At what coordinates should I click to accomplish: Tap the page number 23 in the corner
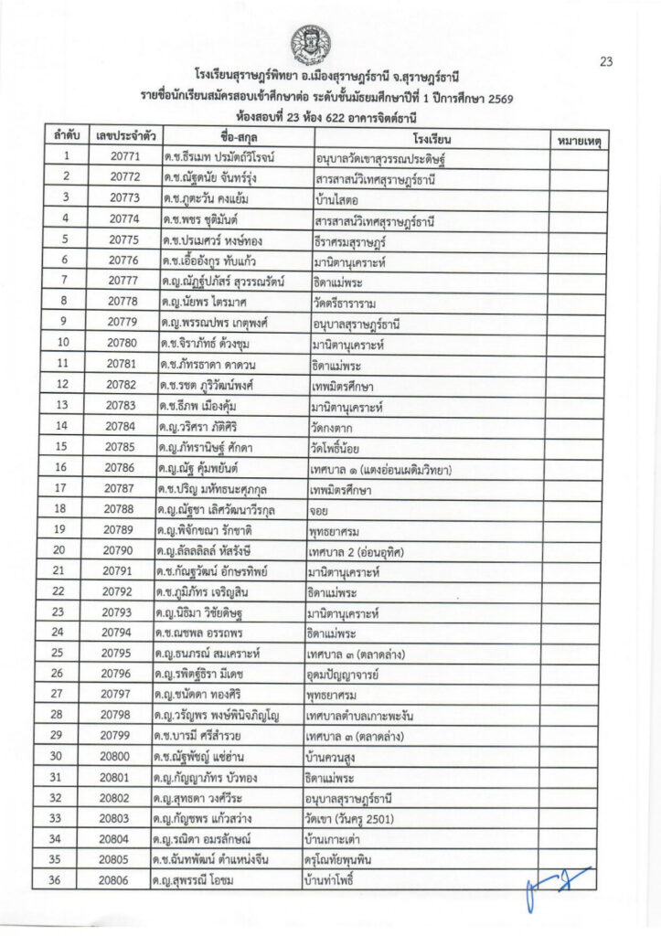click(x=605, y=62)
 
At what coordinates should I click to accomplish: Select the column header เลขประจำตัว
click(x=124, y=137)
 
